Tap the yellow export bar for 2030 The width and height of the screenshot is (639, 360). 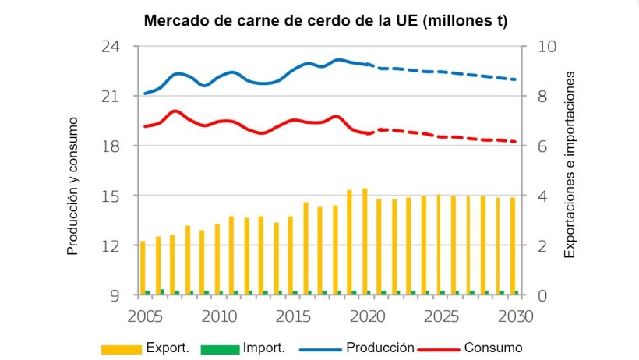[x=512, y=246]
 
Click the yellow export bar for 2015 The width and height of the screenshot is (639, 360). [x=291, y=256]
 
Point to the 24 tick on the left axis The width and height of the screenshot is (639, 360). [x=118, y=47]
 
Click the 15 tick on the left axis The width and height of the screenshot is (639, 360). [x=118, y=196]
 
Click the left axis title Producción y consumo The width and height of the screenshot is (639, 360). [x=72, y=186]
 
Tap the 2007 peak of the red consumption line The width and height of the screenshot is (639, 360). [x=175, y=111]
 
